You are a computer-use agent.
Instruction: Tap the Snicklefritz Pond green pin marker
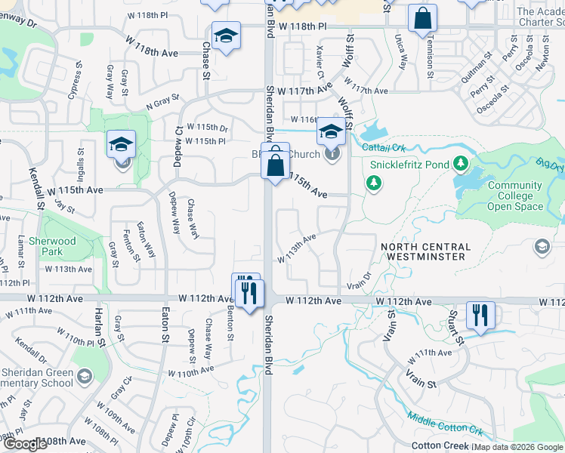[373, 182]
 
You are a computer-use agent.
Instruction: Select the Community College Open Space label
[514, 196]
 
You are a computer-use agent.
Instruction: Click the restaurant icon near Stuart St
[480, 313]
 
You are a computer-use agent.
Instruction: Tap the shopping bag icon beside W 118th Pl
[422, 17]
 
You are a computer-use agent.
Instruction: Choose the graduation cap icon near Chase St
[226, 36]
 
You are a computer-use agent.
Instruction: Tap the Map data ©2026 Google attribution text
[518, 448]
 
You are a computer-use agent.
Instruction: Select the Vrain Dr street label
[360, 280]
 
